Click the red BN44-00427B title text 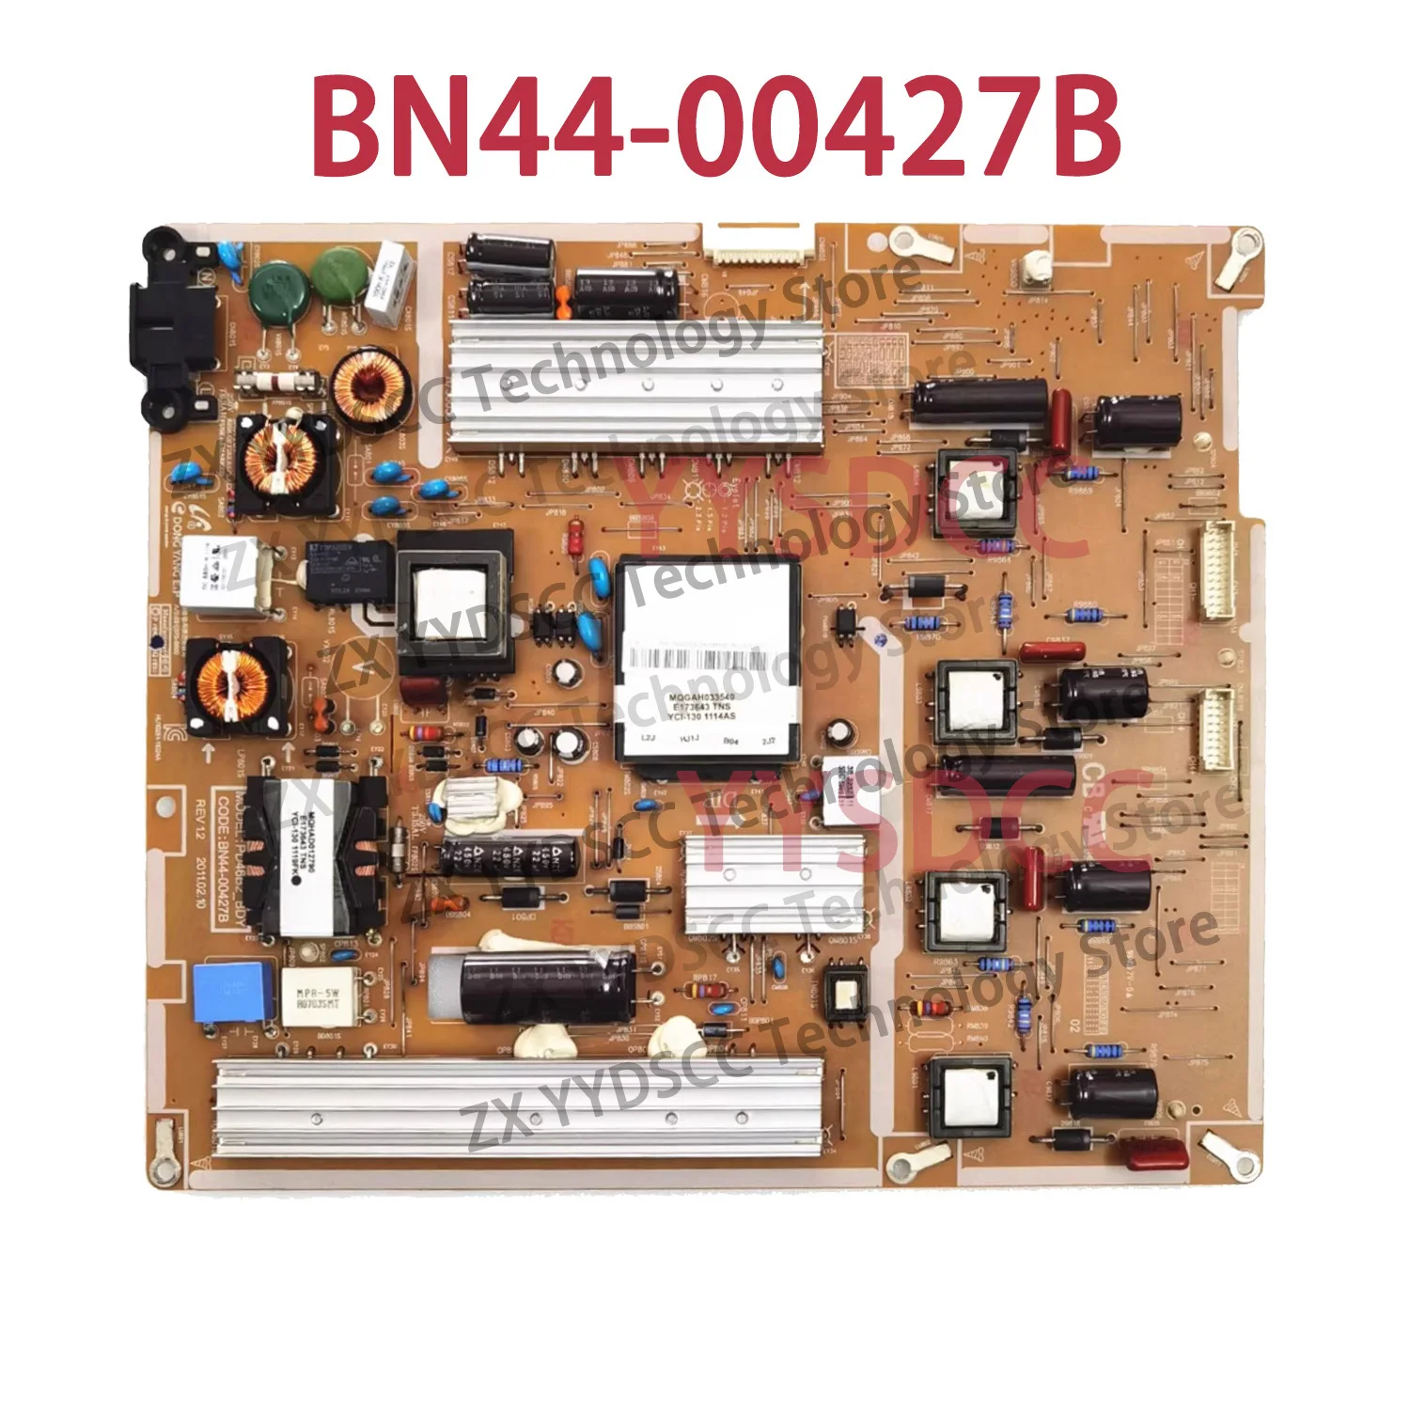(716, 126)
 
